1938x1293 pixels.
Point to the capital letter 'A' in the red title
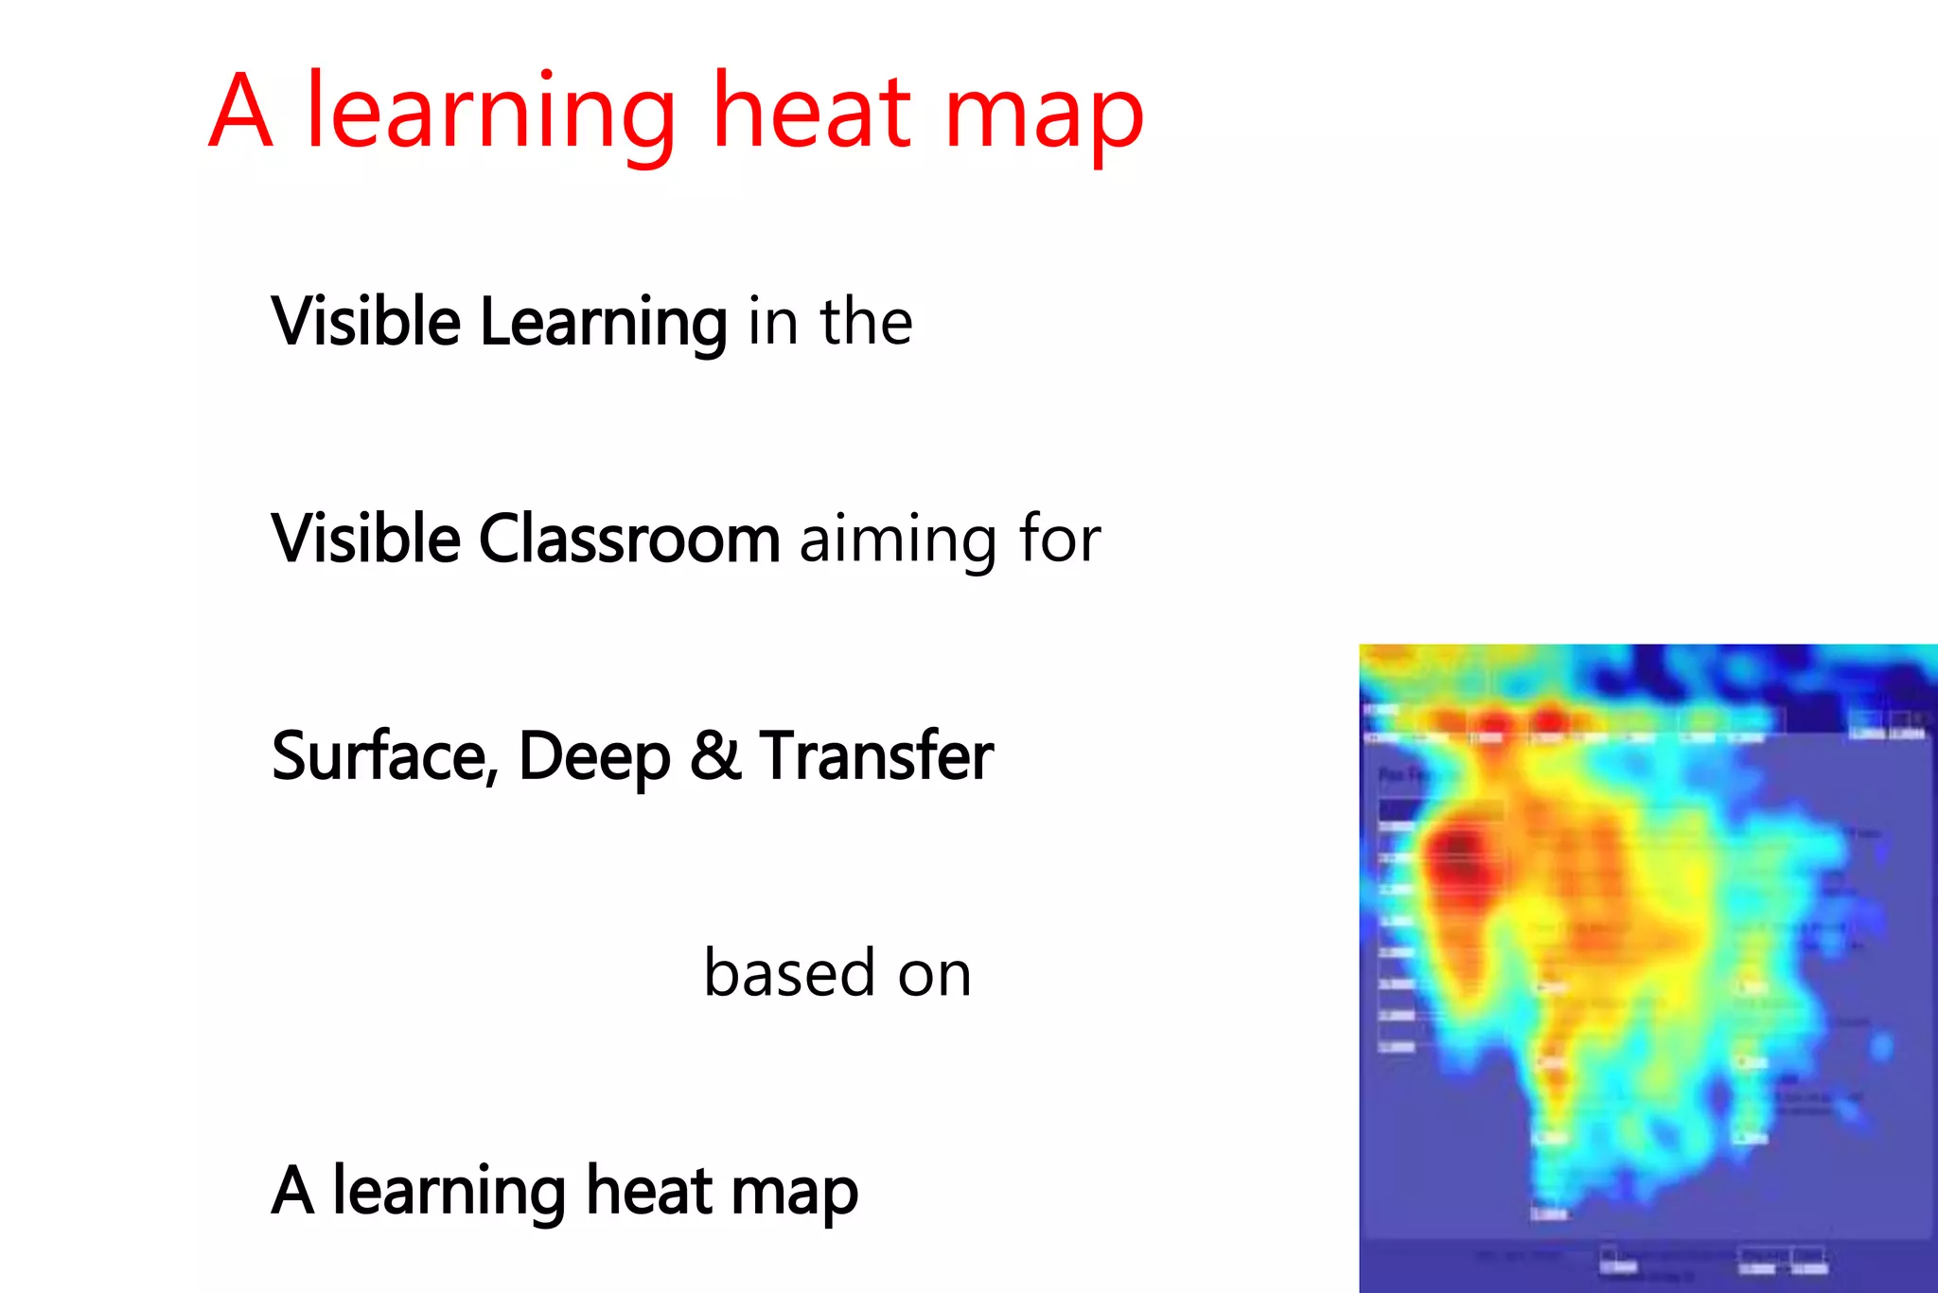point(241,112)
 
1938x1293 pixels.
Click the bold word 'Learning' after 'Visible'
point(603,324)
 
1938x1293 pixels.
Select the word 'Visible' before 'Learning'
point(365,322)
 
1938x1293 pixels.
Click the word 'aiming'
point(898,541)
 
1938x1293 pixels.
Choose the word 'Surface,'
point(384,756)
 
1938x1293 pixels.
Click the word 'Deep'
point(594,758)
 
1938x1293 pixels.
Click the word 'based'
point(790,972)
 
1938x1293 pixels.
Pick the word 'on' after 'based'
point(934,974)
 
